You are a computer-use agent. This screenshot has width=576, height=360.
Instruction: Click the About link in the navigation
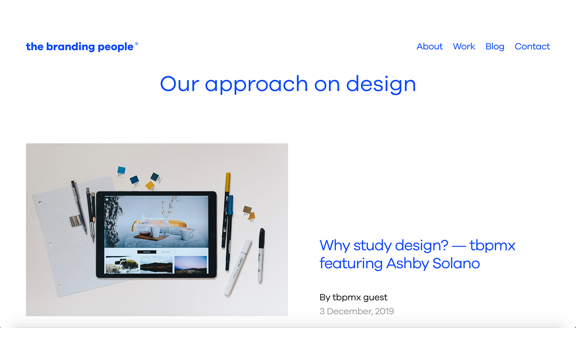(430, 47)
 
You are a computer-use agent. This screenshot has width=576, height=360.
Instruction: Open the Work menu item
(464, 47)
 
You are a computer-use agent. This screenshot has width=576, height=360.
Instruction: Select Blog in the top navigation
(494, 47)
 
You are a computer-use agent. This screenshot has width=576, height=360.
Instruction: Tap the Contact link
(532, 47)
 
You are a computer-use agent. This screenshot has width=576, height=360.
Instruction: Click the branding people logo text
(80, 47)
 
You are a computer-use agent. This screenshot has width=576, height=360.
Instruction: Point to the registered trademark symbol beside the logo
(136, 44)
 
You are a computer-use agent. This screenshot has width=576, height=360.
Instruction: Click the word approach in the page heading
(256, 84)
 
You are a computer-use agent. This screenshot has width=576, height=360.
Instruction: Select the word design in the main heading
(381, 84)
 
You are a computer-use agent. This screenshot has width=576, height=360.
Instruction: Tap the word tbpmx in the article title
(492, 245)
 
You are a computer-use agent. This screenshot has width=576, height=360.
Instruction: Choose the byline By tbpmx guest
(353, 297)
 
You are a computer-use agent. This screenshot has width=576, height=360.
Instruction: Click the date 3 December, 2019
(357, 311)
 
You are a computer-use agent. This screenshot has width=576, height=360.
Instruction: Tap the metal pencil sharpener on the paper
(75, 221)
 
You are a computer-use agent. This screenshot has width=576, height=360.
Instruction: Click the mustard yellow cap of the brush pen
(228, 183)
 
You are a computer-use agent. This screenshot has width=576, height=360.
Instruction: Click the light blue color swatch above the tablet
(121, 170)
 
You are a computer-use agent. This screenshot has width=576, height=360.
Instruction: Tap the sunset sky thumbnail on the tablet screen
(191, 264)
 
